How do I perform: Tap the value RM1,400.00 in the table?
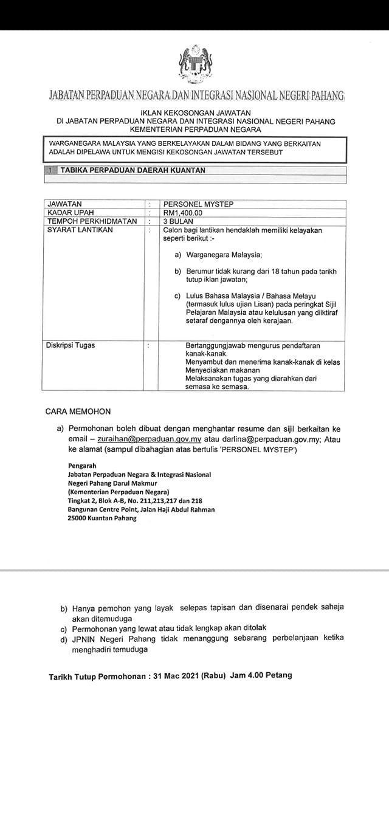click(x=182, y=213)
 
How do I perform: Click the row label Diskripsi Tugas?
click(x=71, y=345)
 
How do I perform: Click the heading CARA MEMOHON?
click(x=78, y=412)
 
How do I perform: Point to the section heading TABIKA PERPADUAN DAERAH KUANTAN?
click(x=133, y=171)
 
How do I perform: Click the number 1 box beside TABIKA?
click(x=52, y=171)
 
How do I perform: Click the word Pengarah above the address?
click(x=82, y=466)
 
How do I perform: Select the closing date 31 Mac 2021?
click(x=173, y=675)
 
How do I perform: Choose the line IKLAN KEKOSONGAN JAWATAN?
click(x=195, y=113)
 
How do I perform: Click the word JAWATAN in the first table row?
click(x=64, y=204)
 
